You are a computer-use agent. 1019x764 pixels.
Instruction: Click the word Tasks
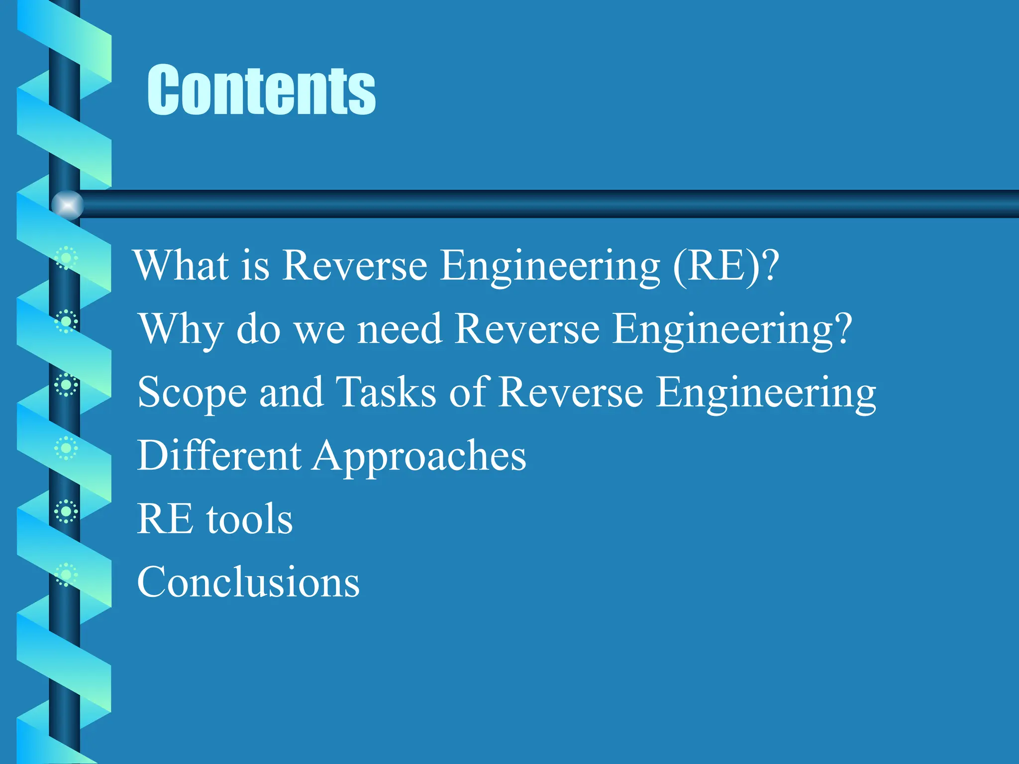click(386, 392)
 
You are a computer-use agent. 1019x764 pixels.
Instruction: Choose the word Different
click(219, 455)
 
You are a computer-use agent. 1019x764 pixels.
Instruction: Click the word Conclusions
click(248, 582)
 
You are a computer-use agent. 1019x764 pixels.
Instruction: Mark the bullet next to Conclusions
click(66, 575)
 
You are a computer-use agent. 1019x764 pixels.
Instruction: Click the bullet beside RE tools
click(66, 511)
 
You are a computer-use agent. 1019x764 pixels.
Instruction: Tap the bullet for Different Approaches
click(66, 448)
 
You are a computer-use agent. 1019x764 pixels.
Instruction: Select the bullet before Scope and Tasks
click(66, 385)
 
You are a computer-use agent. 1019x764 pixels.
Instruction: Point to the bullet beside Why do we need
click(66, 321)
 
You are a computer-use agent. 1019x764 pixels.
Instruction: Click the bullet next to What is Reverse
click(66, 258)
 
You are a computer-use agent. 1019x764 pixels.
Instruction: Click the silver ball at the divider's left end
click(67, 204)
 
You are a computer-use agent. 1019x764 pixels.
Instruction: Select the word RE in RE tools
click(165, 519)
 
